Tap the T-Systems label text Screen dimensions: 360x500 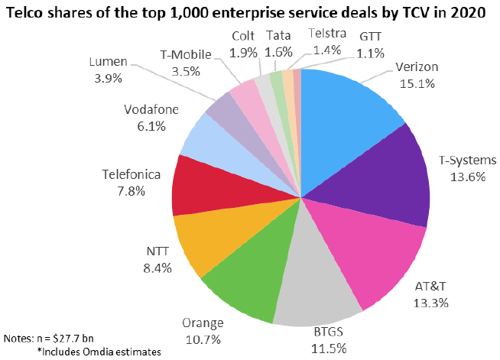tap(467, 160)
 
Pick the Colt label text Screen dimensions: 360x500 tap(244, 37)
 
